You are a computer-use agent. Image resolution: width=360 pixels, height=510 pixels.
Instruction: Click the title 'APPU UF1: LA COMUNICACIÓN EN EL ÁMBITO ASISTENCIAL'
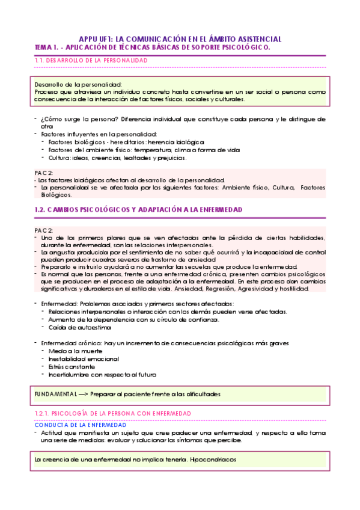coord(180,38)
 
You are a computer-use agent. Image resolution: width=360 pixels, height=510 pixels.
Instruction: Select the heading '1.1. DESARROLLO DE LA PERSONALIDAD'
coord(91,60)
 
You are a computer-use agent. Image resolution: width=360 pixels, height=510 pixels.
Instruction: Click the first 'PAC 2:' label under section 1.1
coord(44,173)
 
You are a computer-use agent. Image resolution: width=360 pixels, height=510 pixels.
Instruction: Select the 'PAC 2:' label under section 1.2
coord(44,230)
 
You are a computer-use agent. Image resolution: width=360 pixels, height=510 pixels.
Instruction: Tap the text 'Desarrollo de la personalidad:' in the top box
coord(79,85)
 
